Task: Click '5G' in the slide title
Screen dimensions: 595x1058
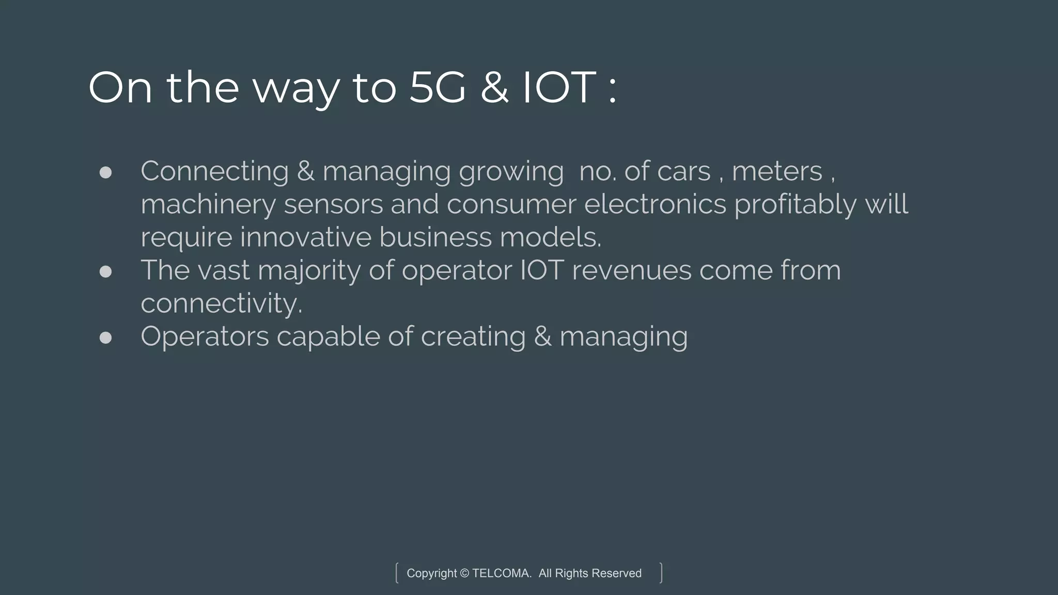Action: click(x=437, y=88)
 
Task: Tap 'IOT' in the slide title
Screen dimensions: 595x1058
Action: click(x=560, y=88)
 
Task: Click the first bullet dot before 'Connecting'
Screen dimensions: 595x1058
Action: click(x=105, y=173)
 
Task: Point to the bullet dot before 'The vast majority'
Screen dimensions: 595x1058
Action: click(x=105, y=272)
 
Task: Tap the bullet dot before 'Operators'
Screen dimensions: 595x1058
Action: click(x=105, y=338)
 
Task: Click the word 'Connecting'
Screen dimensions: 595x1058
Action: click(x=214, y=171)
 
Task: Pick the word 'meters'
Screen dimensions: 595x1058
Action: click(x=776, y=171)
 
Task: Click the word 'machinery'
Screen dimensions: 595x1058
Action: click(x=208, y=205)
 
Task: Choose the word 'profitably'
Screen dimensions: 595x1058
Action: click(x=795, y=205)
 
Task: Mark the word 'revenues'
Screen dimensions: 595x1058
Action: click(x=631, y=271)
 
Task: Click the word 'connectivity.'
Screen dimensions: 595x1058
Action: click(x=221, y=303)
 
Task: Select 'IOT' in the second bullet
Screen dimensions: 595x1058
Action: click(x=541, y=270)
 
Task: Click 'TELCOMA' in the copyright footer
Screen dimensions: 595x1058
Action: click(x=502, y=573)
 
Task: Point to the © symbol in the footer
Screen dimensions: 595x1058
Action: click(x=464, y=573)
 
